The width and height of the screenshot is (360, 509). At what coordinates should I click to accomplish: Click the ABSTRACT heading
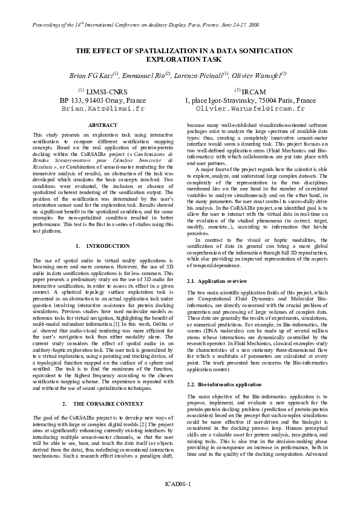pos(98,125)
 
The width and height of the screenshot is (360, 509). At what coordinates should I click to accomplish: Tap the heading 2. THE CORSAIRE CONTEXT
pos(99,403)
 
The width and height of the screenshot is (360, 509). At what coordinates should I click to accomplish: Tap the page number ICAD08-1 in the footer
pos(180,484)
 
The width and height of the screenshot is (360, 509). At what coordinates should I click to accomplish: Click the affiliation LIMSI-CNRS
pos(107,91)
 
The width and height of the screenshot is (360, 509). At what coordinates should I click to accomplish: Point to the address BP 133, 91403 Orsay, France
pos(103,100)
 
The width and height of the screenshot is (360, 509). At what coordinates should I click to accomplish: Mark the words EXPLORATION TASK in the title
pos(180,60)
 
